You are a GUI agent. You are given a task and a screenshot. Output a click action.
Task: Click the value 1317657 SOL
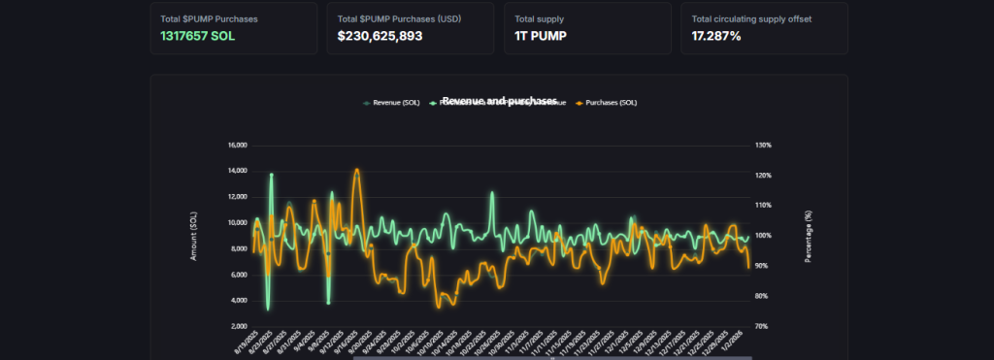pos(199,36)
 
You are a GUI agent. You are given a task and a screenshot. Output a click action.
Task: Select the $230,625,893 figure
pos(380,36)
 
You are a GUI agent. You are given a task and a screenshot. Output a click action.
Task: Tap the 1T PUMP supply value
pos(543,36)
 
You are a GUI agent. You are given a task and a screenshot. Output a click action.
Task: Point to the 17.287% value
pos(716,36)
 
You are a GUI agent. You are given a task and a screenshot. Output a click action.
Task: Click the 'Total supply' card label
pos(539,18)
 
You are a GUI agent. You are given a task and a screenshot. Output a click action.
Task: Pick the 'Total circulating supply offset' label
pos(751,18)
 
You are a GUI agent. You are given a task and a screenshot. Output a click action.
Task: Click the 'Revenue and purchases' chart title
pos(499,101)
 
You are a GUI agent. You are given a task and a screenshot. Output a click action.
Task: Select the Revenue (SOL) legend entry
pos(392,102)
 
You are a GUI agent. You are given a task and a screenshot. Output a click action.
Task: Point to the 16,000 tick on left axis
pos(237,146)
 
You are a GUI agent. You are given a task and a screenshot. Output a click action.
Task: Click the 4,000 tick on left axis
pos(239,301)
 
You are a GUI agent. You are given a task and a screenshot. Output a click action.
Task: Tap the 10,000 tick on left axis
pos(237,223)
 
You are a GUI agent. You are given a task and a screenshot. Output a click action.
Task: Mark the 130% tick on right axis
pos(763,146)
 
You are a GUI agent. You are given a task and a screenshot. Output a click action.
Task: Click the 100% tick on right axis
pos(763,236)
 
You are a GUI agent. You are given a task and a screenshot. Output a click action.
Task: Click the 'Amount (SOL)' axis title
pos(194,236)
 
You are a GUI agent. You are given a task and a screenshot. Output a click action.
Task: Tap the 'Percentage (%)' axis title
pos(807,236)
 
